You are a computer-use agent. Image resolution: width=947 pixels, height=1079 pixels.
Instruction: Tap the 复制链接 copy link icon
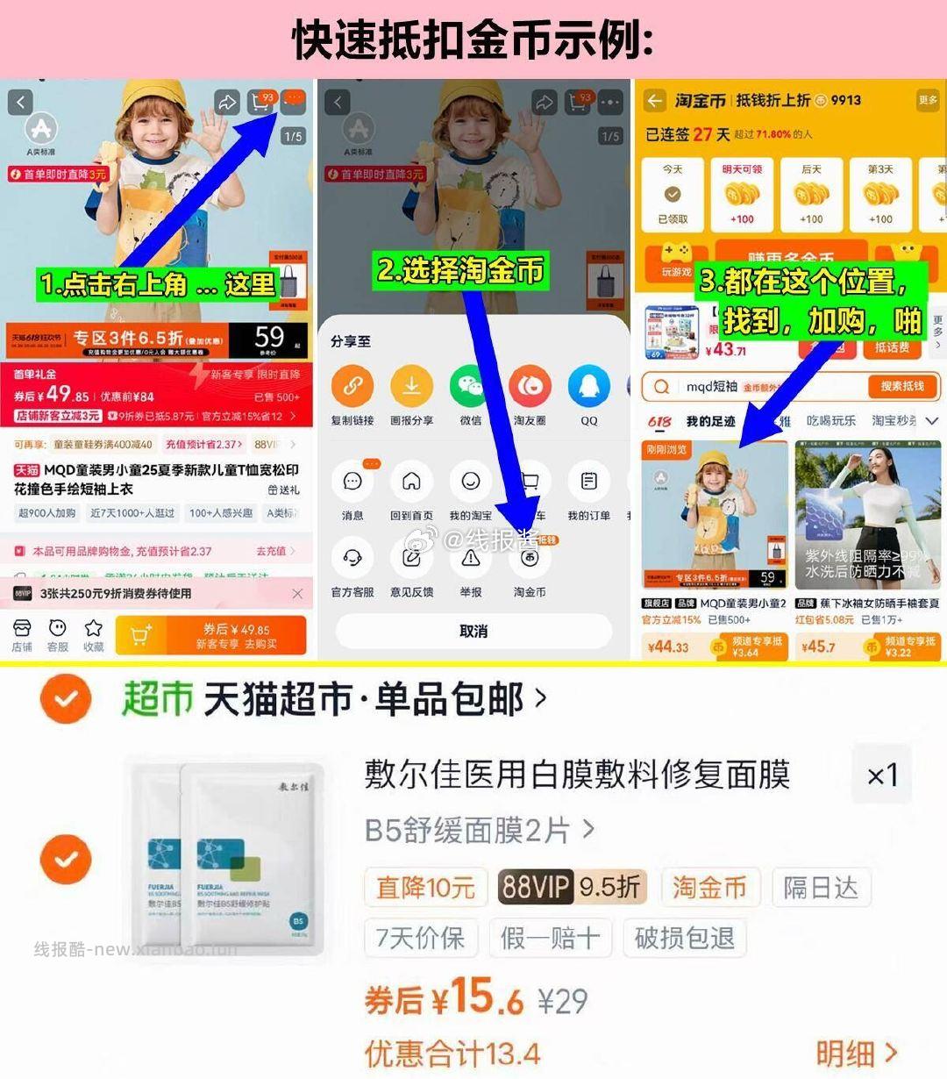tap(352, 386)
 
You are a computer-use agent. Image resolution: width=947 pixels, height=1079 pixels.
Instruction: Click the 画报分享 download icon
tap(411, 386)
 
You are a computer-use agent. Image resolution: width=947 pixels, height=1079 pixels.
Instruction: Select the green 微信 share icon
tap(471, 386)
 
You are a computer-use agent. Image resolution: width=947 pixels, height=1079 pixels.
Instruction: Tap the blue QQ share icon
tap(588, 386)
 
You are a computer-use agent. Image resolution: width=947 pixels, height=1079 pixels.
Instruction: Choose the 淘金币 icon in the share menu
tap(530, 558)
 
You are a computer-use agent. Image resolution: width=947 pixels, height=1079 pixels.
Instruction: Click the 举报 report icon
tap(471, 558)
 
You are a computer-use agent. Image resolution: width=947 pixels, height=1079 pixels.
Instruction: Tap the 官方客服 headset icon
tap(352, 558)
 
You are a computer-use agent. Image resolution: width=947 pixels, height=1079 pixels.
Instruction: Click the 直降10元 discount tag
tap(425, 888)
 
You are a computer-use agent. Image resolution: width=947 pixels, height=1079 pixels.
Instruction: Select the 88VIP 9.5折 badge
tap(571, 888)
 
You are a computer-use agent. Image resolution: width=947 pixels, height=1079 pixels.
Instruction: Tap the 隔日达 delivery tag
tap(820, 888)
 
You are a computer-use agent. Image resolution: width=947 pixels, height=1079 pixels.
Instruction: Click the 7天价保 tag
tap(420, 938)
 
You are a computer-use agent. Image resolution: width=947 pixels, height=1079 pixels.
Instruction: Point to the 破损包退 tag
tap(684, 938)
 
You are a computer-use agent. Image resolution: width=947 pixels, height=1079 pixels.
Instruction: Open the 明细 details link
tap(856, 1053)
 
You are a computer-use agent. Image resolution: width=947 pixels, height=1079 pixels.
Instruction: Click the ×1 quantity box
tap(881, 775)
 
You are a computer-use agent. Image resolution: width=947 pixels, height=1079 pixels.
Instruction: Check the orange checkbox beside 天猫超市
tap(66, 699)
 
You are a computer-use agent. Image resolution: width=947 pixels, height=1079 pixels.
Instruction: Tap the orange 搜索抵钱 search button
tap(902, 386)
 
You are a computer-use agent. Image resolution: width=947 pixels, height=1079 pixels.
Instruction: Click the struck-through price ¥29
tap(562, 1001)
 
